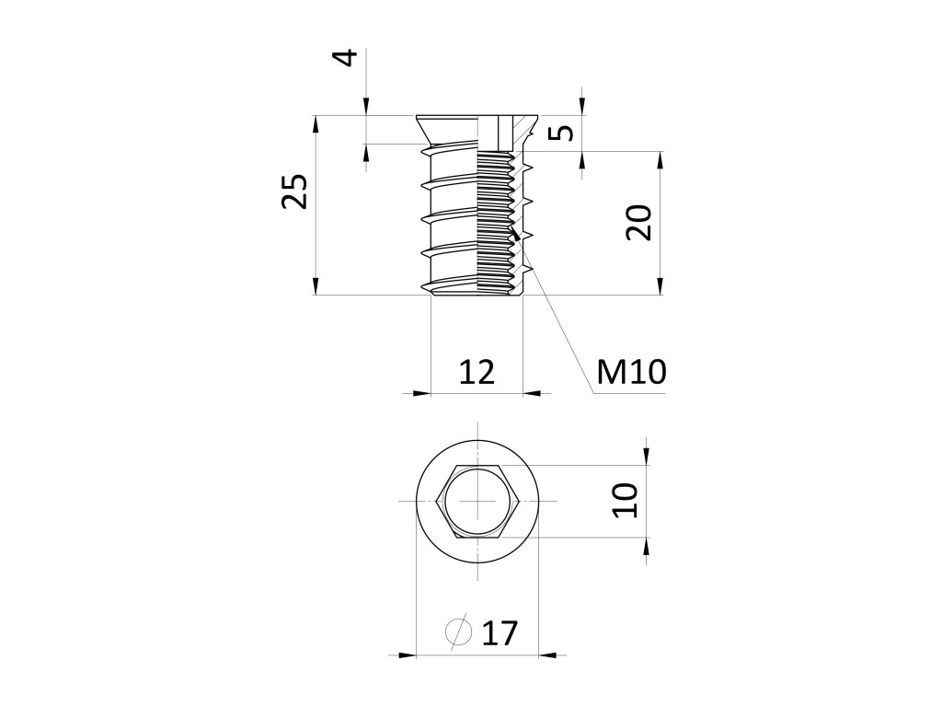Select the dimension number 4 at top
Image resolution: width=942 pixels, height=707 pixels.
(346, 58)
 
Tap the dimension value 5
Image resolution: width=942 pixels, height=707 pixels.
(564, 132)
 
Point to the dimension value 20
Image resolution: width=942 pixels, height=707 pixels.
(638, 222)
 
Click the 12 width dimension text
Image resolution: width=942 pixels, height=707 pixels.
(477, 371)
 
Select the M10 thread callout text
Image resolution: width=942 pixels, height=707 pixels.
(630, 372)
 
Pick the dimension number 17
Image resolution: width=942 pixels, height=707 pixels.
(500, 633)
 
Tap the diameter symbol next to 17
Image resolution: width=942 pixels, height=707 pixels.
(457, 632)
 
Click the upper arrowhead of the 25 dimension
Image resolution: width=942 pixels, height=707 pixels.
(316, 123)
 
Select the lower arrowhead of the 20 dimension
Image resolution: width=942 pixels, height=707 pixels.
(661, 286)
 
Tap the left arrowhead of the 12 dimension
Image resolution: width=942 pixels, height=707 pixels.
(422, 393)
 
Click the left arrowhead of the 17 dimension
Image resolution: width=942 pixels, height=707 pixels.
(407, 655)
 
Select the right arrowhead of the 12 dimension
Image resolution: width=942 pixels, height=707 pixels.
(532, 393)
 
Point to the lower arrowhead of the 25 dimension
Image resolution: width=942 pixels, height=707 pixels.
(316, 286)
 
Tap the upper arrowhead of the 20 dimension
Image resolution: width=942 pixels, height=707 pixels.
(661, 160)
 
